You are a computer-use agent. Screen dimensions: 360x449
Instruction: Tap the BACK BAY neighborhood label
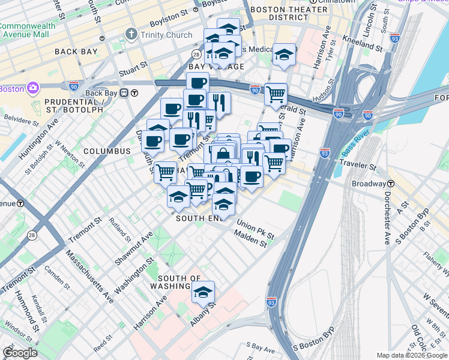(76, 52)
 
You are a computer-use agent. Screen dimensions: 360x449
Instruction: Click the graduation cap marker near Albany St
(203, 292)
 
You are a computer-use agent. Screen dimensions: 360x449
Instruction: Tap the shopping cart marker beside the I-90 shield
(276, 94)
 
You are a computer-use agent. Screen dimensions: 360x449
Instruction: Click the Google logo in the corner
(19, 352)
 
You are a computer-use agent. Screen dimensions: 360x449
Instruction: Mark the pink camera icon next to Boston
(32, 89)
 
